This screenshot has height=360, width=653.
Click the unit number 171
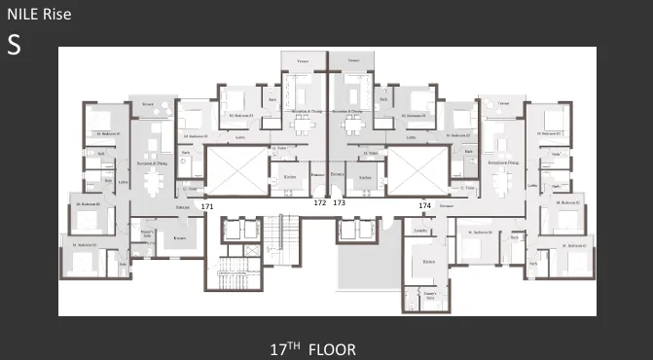point(206,207)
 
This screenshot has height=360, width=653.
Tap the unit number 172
point(320,203)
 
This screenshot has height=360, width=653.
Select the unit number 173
point(339,203)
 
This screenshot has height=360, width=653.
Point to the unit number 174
point(424,206)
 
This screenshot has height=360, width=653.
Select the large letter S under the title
point(14,45)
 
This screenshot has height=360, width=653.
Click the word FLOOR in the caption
point(332,347)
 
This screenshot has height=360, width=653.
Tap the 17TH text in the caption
point(285,347)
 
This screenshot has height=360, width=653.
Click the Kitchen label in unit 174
point(428,263)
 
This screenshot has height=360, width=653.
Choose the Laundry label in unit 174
point(419,231)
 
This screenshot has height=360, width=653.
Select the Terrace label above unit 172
point(303,61)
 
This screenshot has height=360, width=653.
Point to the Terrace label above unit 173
point(352,61)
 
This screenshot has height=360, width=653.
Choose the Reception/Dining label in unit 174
point(502,164)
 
